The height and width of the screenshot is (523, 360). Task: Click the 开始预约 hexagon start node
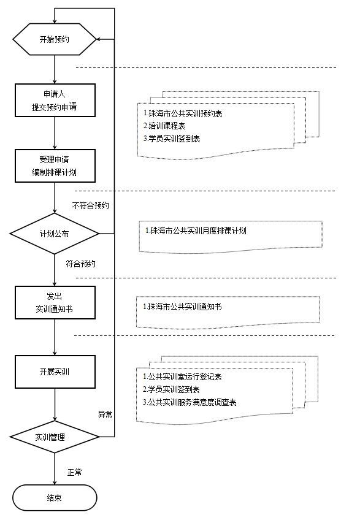[x=55, y=39]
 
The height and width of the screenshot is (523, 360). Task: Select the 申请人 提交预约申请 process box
[x=55, y=100]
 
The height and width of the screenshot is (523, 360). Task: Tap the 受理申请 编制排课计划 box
[x=55, y=166]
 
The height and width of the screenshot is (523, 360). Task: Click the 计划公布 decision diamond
[x=55, y=234]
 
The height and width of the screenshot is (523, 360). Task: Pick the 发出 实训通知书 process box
[x=55, y=302]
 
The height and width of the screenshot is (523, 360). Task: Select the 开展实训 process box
[x=55, y=372]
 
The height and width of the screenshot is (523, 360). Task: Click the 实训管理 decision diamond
[x=55, y=437]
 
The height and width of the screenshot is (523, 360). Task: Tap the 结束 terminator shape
[x=55, y=498]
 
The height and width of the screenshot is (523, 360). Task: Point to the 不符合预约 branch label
[x=90, y=205]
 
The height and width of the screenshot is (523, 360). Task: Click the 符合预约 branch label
[x=81, y=264]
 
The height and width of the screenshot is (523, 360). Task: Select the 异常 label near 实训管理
[x=105, y=414]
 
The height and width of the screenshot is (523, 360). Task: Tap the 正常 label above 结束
[x=74, y=472]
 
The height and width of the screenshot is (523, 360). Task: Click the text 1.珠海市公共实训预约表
[x=183, y=113]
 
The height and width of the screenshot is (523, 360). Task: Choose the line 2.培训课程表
[x=164, y=126]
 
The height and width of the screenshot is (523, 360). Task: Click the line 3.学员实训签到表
[x=172, y=139]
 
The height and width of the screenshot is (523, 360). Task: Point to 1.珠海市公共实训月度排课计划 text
[x=196, y=230]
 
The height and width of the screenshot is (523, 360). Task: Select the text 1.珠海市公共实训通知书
[x=182, y=307]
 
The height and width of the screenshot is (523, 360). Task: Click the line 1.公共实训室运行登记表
[x=182, y=376]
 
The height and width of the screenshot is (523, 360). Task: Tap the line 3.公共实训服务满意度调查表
[x=190, y=402]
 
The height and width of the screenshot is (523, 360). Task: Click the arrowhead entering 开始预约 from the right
[x=99, y=39]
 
